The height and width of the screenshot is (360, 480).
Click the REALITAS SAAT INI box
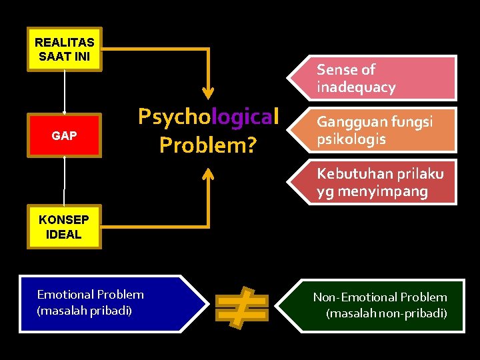tap(65, 49)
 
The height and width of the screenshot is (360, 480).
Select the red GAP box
tap(64, 135)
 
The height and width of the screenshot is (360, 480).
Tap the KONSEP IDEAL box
tap(64, 227)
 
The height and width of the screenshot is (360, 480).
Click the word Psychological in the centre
tap(207, 117)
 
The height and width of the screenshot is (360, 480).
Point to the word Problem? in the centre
tap(207, 144)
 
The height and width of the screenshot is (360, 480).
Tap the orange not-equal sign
tap(241, 307)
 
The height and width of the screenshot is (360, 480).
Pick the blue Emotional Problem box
tap(107, 303)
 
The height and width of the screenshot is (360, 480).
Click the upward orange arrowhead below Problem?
tap(209, 174)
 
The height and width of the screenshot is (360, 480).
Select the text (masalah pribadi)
tap(84, 311)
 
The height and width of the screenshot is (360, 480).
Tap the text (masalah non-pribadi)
tap(386, 313)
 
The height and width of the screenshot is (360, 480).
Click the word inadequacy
tap(356, 87)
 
